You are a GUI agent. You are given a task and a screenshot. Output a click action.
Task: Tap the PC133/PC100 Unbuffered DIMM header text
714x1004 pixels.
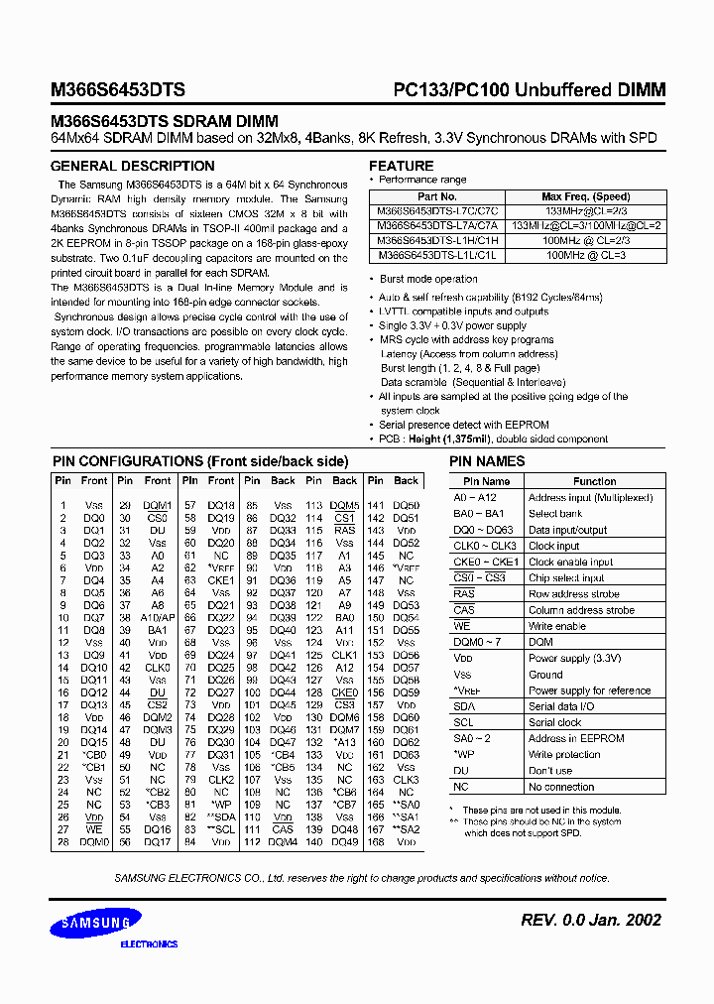point(524,89)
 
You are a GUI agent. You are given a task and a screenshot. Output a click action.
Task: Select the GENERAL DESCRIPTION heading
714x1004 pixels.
point(132,166)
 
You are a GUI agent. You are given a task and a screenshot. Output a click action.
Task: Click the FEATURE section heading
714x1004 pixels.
point(401,166)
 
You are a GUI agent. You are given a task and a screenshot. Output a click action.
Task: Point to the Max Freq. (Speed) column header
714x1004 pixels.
point(585,196)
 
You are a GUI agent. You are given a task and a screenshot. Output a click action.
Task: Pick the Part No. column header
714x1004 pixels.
point(436,196)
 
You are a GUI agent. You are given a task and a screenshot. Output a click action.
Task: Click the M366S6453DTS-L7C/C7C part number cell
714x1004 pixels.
point(437,211)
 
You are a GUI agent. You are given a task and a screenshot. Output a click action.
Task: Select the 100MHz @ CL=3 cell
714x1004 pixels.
point(585,254)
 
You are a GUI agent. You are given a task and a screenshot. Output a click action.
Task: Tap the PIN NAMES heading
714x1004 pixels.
point(487,461)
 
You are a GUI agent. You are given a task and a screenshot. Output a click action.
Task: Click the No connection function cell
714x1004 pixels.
point(561,787)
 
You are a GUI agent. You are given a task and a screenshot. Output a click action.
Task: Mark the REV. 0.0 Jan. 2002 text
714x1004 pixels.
point(590,920)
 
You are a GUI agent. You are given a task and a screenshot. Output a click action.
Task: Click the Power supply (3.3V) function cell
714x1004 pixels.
point(575,658)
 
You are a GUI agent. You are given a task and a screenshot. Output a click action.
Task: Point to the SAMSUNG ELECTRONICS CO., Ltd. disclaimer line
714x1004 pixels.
point(361,878)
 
